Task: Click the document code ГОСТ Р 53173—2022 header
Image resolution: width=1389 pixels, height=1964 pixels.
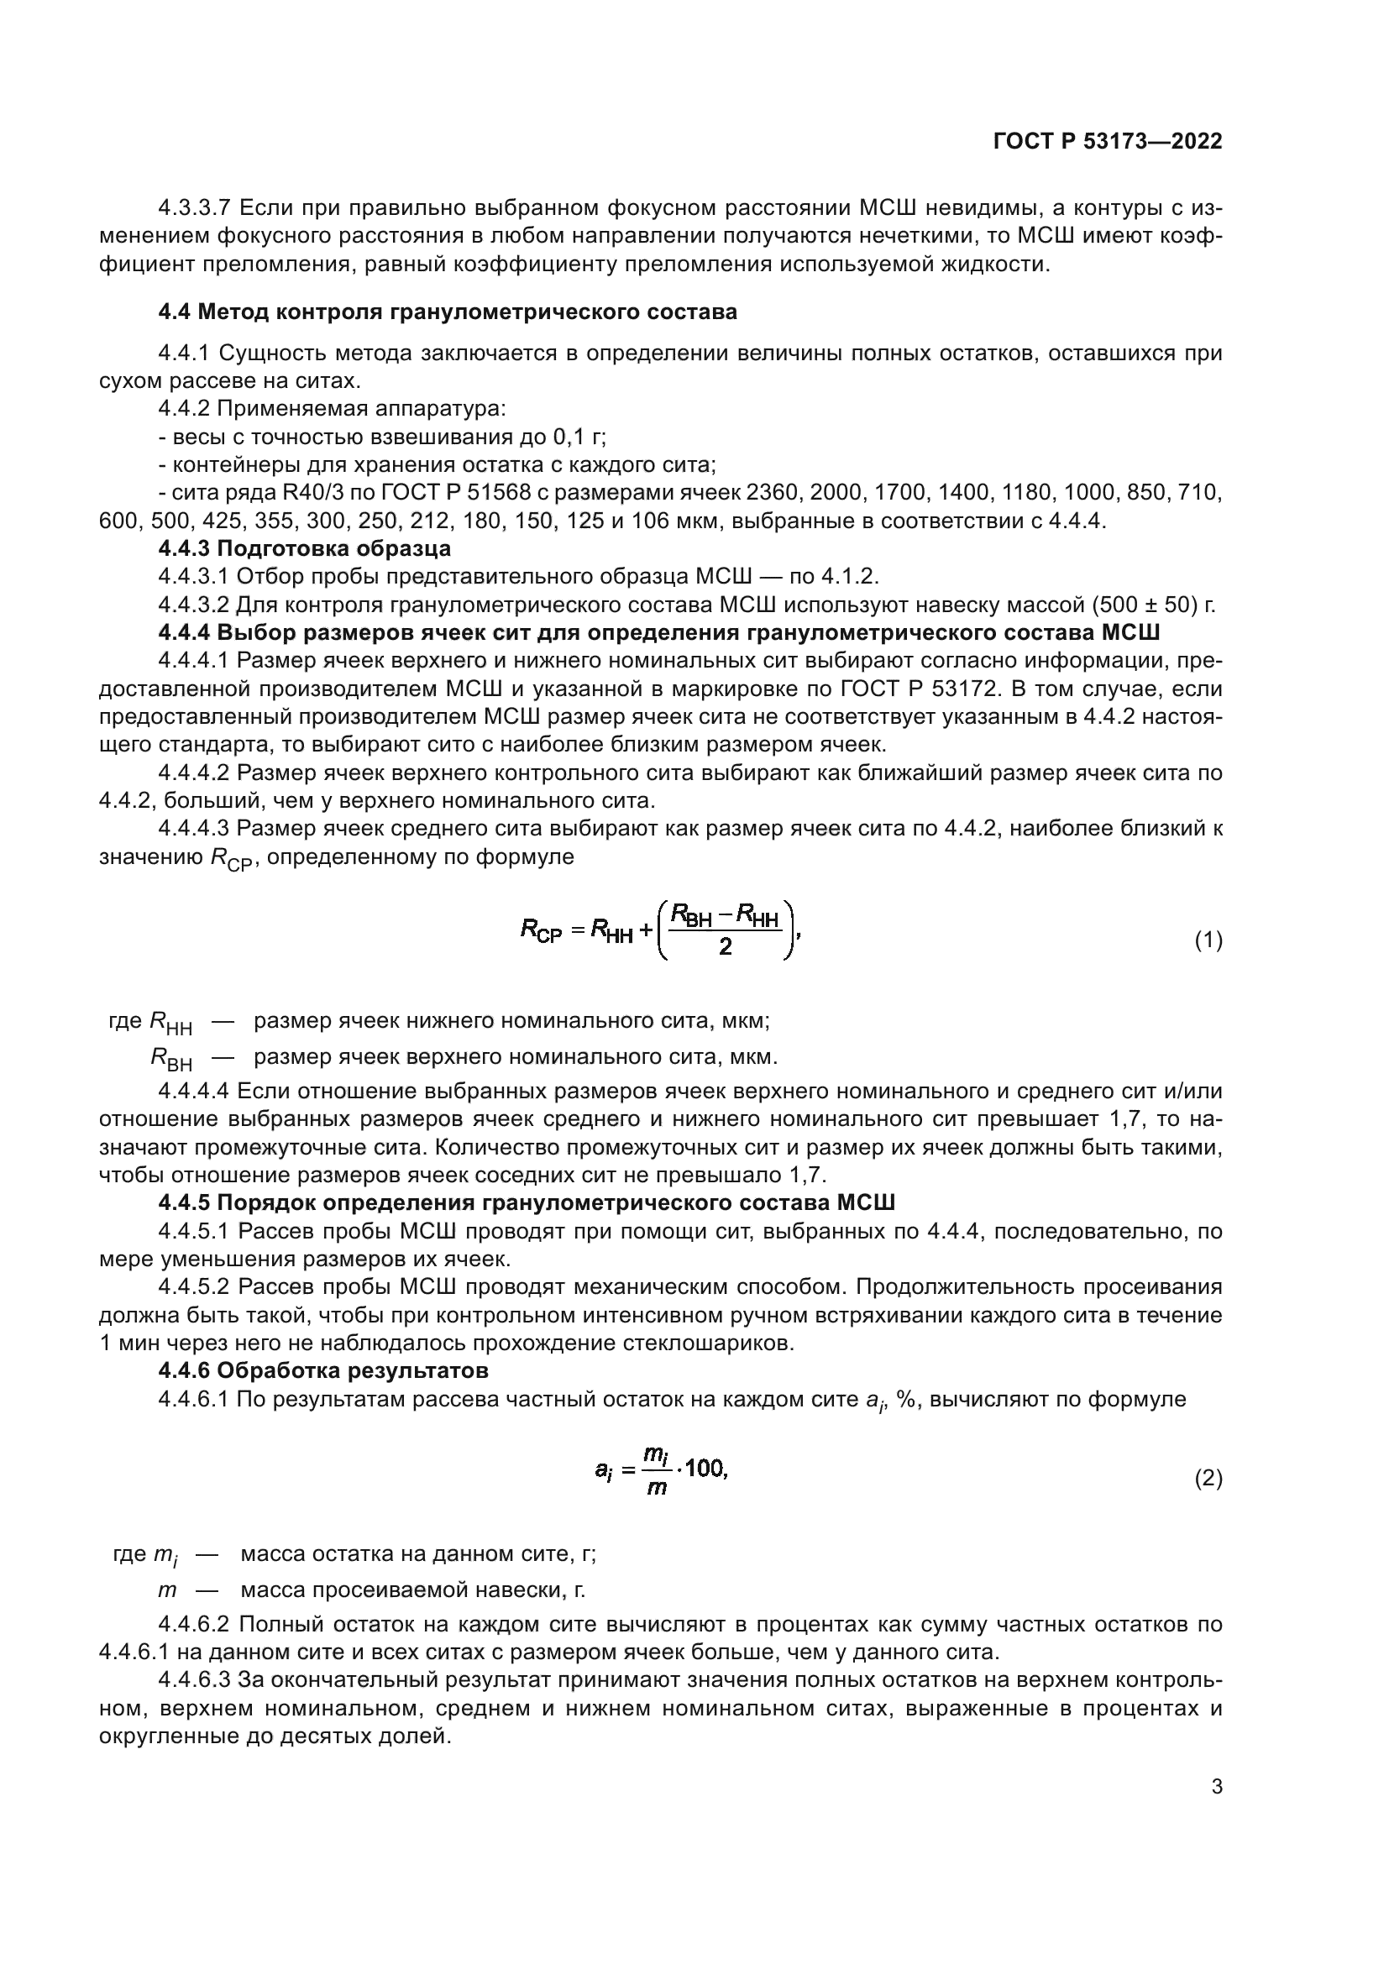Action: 1108,141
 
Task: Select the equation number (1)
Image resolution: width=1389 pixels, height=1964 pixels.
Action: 1208,941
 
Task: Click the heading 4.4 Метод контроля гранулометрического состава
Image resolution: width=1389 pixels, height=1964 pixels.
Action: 448,312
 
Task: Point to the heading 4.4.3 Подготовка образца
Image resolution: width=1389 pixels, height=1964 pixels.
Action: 305,547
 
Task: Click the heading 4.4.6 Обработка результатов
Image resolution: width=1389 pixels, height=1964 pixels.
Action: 323,1370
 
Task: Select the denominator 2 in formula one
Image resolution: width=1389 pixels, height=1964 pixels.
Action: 725,947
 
